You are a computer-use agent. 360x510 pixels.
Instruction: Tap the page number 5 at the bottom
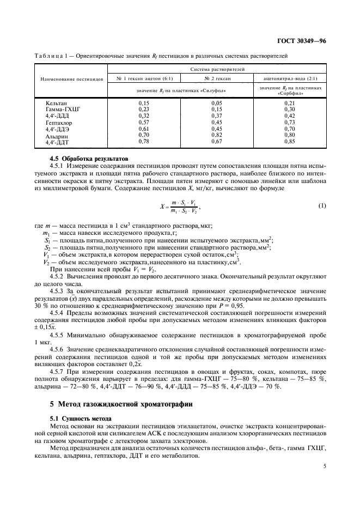[324, 466]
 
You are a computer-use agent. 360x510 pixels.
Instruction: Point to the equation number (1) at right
[321, 190]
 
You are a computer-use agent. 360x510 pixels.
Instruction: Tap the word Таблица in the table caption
[47, 56]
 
